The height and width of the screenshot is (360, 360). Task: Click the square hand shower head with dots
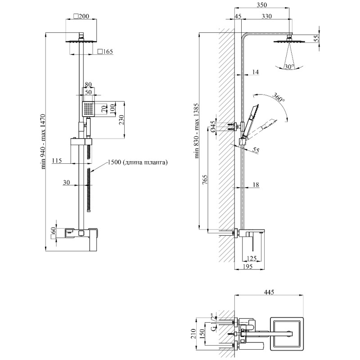pyautogui.click(x=88, y=108)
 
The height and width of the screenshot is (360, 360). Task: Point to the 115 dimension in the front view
pyautogui.click(x=57, y=160)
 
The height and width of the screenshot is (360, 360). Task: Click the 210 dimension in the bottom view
pyautogui.click(x=194, y=333)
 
